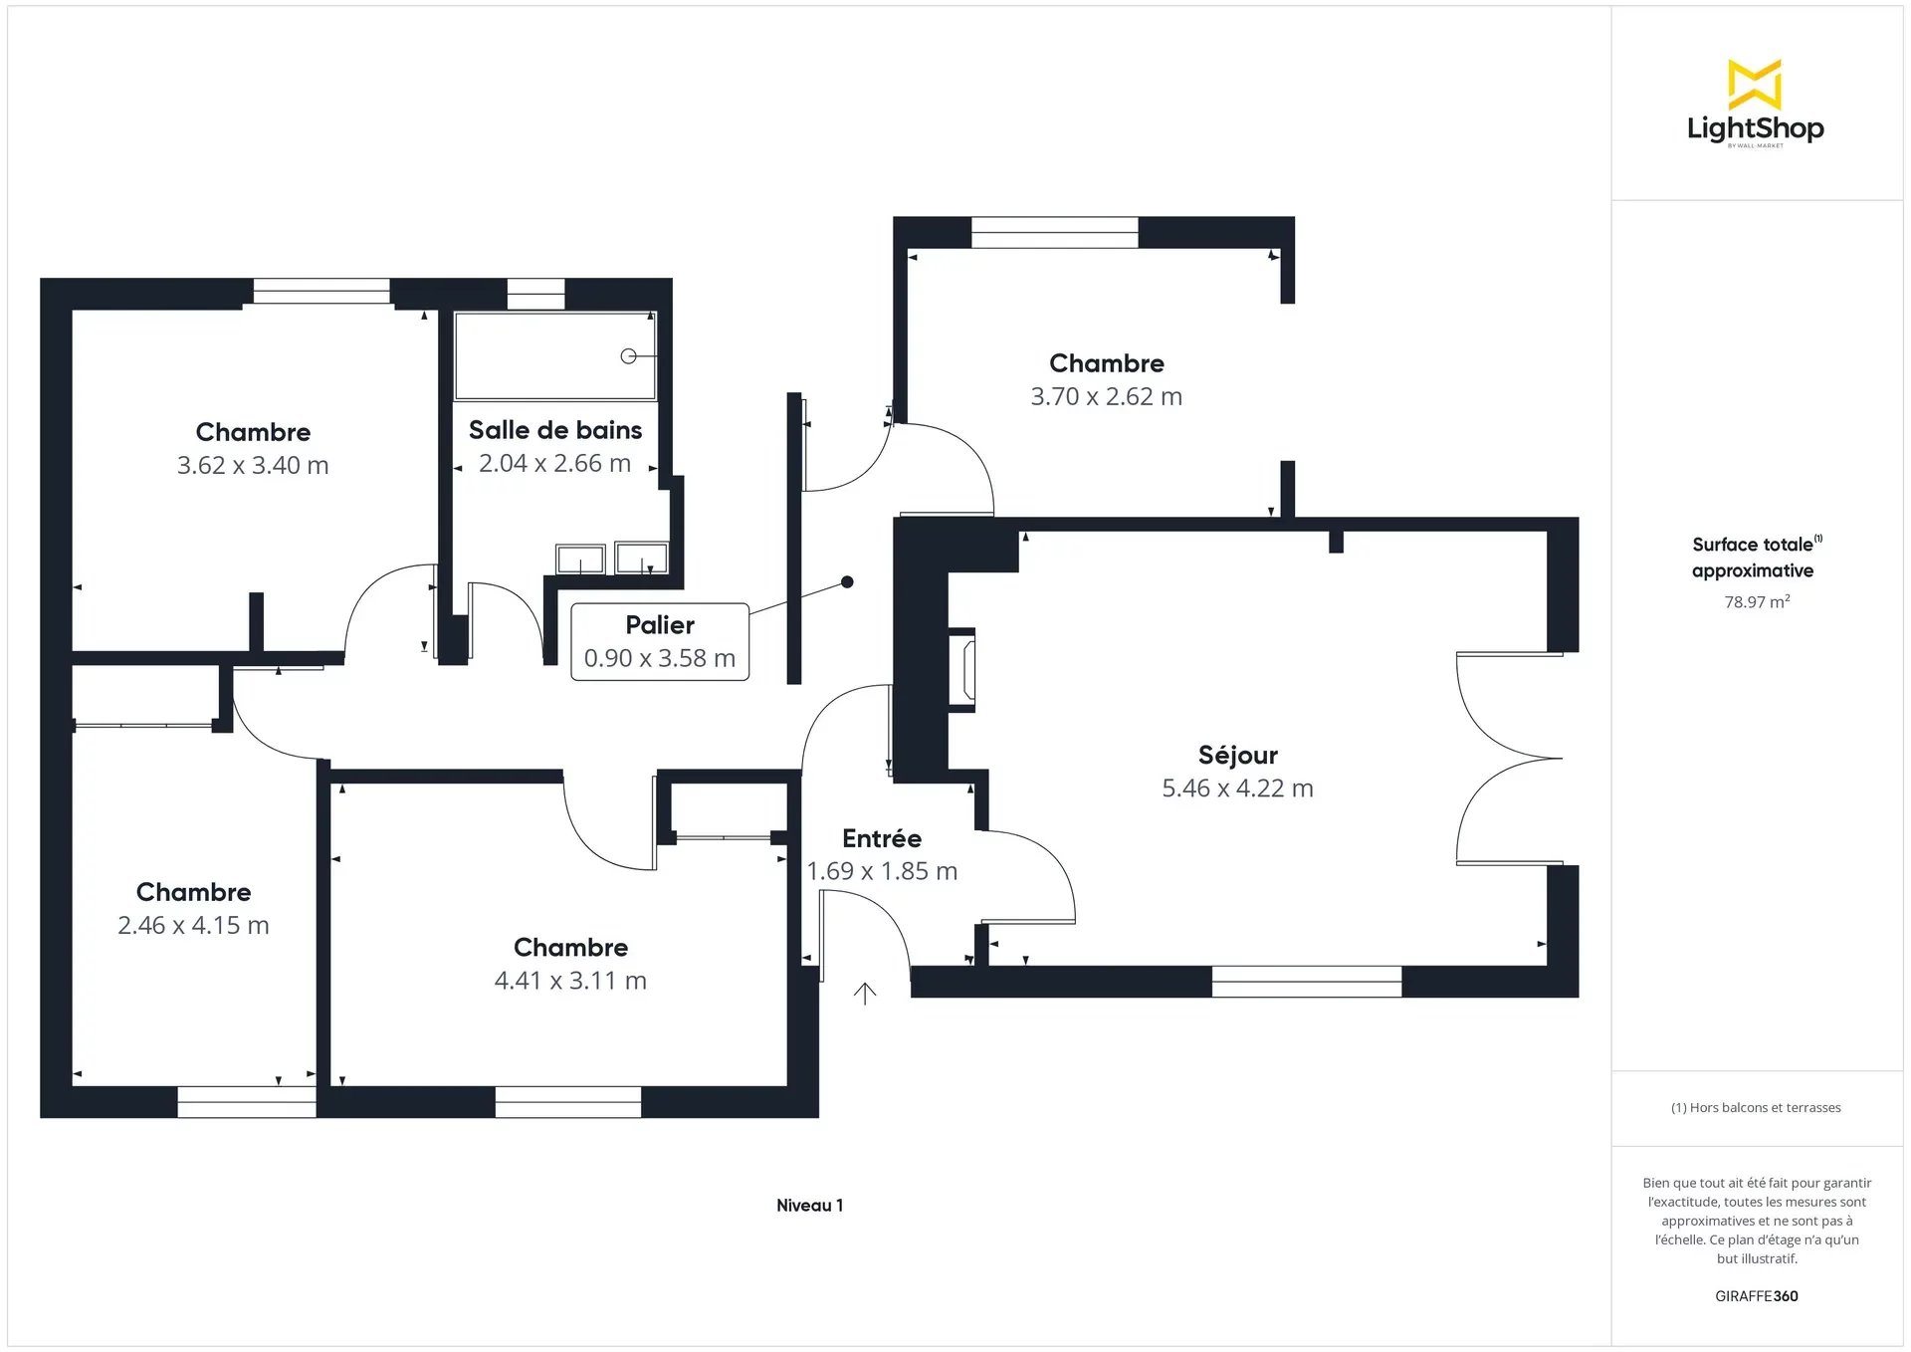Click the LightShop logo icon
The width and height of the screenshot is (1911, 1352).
coord(1755,85)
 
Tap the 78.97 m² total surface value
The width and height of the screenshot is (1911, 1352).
coord(1757,601)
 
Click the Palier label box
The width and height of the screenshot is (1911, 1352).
coord(660,642)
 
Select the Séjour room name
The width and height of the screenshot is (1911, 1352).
coord(1237,755)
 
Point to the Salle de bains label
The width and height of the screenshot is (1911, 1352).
coord(555,430)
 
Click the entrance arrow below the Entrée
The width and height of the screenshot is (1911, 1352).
coord(865,994)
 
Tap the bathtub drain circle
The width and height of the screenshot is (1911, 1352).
coord(628,355)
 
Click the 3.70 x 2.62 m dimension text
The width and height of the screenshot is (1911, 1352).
coord(1106,396)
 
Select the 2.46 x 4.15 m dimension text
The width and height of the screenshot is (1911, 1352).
coord(193,925)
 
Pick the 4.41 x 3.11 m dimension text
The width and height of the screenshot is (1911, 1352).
coord(570,981)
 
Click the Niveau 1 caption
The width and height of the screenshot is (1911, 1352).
coord(809,1206)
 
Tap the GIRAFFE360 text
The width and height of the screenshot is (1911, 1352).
coord(1757,1296)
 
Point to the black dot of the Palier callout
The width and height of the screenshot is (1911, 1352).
coord(847,582)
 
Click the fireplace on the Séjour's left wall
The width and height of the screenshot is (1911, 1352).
coord(962,669)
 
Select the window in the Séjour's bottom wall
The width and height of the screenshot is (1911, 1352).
coord(1307,982)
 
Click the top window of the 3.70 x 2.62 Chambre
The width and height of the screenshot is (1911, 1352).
coord(1055,232)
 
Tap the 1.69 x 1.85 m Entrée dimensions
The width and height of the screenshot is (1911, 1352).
coord(882,871)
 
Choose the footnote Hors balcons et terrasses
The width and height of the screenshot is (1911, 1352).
coord(1756,1108)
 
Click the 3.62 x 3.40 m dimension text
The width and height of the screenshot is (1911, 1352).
coord(253,465)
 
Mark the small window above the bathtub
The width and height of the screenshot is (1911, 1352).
coord(536,294)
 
